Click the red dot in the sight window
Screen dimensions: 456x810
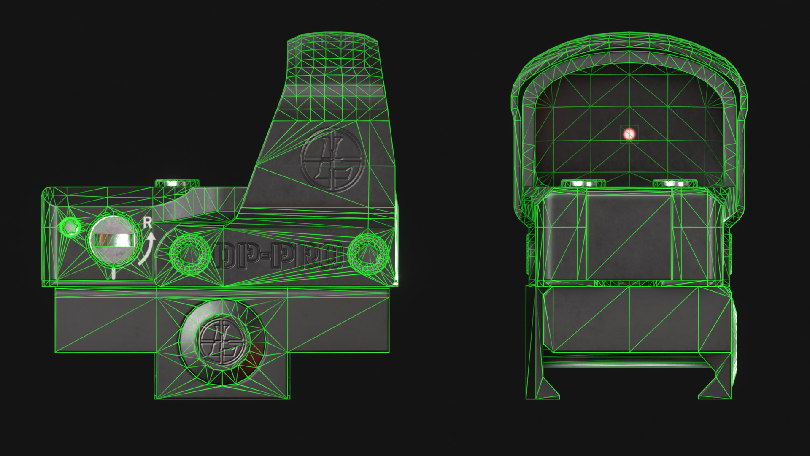pos(629,134)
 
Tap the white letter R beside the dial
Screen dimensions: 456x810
pos(147,223)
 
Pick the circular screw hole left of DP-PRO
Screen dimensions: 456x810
pos(190,254)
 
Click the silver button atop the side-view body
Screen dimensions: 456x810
pos(177,184)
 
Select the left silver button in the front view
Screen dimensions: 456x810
pos(583,184)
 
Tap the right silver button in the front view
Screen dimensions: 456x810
pos(675,184)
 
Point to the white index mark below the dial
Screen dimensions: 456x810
pos(113,274)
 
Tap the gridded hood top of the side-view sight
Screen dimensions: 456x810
pos(333,63)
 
